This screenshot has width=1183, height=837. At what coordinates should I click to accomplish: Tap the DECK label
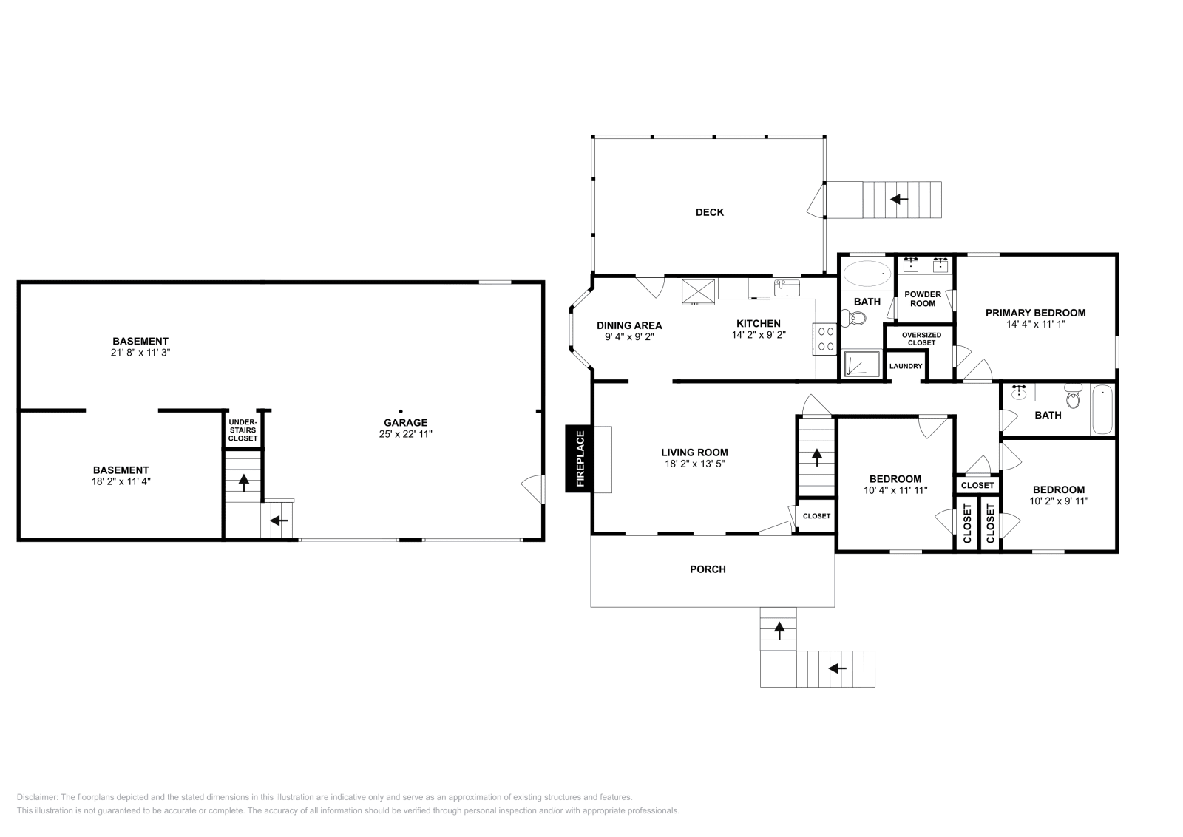pos(709,212)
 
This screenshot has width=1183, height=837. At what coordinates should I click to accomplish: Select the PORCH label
pos(708,569)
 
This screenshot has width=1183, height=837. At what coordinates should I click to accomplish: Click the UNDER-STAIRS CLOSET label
pos(243,430)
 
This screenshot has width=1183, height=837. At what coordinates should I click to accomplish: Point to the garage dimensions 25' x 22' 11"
pos(405,434)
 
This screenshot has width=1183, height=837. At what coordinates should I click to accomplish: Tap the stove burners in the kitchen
pos(825,339)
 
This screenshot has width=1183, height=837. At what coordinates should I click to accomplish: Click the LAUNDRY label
pos(905,367)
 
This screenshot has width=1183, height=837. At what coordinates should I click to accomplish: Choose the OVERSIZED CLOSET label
pos(921,339)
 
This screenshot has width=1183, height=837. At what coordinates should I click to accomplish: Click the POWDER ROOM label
pos(923,299)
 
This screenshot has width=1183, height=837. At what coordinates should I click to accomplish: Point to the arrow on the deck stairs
pos(899,199)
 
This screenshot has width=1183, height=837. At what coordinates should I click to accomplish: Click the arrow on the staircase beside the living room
pos(816,458)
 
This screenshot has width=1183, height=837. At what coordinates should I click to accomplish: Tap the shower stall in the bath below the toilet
pos(861,365)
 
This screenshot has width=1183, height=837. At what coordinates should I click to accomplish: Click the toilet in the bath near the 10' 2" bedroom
pos(1074,398)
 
